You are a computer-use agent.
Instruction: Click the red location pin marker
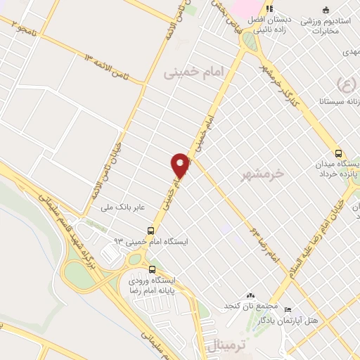(181, 165)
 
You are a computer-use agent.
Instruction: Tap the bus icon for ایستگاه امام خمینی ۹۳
(151, 230)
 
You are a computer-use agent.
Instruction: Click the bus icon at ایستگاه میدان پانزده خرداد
(339, 153)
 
